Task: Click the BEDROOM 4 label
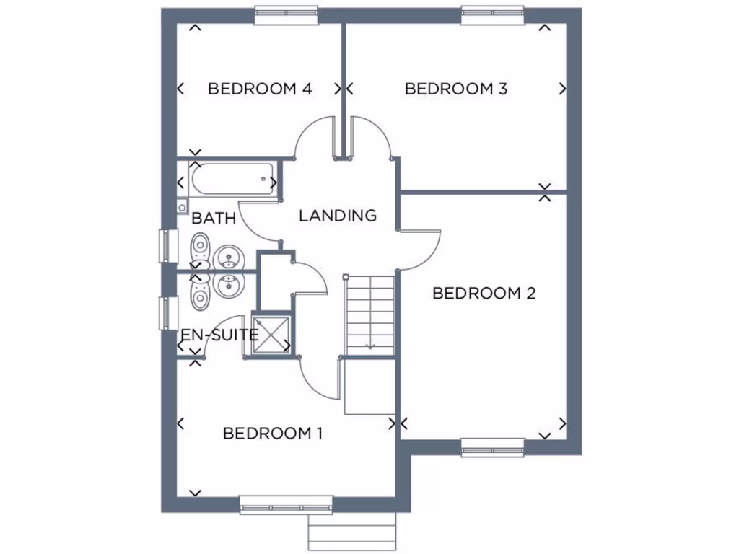[x=260, y=89]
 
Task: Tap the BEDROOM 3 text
[x=456, y=89]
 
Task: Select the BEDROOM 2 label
[x=484, y=293]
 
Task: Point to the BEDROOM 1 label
[x=272, y=434]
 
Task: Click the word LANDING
[x=338, y=215]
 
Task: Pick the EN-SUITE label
[x=219, y=335]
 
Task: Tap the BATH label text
[x=214, y=218]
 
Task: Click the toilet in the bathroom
[x=200, y=249]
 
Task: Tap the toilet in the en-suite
[x=200, y=290]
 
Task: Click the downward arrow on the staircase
[x=370, y=344]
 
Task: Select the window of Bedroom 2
[x=493, y=447]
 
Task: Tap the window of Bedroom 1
[x=286, y=504]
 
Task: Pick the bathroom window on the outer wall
[x=167, y=246]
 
